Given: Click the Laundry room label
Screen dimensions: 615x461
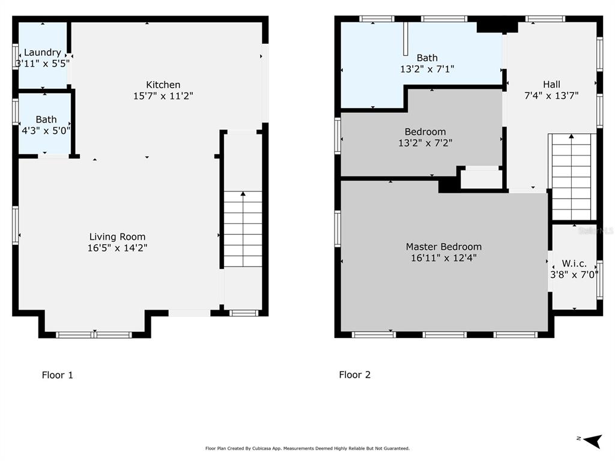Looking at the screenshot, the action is tap(43, 53).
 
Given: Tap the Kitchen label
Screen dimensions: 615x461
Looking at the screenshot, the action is tap(163, 85).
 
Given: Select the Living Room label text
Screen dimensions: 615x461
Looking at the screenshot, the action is tap(117, 237).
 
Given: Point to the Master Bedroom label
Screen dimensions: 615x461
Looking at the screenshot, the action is tap(444, 247).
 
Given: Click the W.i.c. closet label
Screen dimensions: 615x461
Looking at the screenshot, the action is tap(574, 264).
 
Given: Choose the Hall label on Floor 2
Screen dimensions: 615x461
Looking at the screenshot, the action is tap(551, 84).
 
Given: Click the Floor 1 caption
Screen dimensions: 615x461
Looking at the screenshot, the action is tap(57, 375).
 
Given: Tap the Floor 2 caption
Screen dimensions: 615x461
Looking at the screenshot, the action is tap(354, 375).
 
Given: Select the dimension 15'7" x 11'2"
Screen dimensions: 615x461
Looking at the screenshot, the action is tap(163, 95).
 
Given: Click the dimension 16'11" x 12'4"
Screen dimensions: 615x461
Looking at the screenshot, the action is tap(444, 258).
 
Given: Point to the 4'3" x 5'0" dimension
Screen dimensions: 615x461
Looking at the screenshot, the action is tap(46, 130).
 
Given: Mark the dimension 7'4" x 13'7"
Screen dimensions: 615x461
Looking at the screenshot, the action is tap(551, 95).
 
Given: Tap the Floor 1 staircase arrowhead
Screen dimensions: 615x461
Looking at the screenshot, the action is tap(243, 194).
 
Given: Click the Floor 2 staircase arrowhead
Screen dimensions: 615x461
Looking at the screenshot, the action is tap(572, 136).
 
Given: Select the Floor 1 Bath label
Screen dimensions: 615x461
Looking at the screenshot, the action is tap(46, 119).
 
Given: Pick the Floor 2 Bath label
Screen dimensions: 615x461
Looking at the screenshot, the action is tap(427, 58).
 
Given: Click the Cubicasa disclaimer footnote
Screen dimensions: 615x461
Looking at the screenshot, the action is tap(307, 448).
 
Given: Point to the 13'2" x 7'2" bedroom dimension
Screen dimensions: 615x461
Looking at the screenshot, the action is tap(425, 143).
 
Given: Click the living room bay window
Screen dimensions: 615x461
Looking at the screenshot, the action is tap(94, 335).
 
